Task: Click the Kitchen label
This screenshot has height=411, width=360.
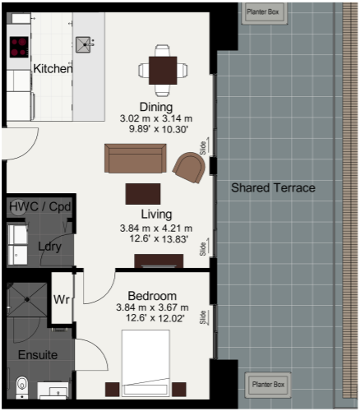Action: click(x=53, y=68)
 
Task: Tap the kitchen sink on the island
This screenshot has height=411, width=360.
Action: click(x=83, y=44)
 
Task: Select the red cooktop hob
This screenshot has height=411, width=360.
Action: click(x=19, y=47)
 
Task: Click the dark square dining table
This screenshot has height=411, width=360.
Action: click(x=163, y=71)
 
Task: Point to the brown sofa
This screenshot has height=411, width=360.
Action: click(x=136, y=159)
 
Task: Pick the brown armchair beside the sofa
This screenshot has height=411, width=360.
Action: click(x=189, y=168)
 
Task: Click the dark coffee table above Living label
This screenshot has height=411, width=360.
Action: click(x=143, y=194)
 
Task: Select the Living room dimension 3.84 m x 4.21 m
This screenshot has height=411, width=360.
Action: click(x=156, y=229)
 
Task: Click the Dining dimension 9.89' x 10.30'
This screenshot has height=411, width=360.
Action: click(x=159, y=129)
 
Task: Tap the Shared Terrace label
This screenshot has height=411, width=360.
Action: click(x=273, y=188)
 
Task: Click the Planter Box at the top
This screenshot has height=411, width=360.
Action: click(x=263, y=12)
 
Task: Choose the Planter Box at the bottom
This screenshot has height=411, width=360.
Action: click(x=268, y=385)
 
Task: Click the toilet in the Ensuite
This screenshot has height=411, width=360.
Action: click(x=22, y=387)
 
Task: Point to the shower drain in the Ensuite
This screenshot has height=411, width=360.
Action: click(x=27, y=300)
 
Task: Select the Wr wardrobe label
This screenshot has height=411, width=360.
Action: click(x=62, y=300)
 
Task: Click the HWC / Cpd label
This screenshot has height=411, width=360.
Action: click(x=40, y=206)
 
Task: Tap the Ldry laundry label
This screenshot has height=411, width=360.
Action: click(x=49, y=247)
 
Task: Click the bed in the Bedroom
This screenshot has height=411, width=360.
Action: click(x=145, y=363)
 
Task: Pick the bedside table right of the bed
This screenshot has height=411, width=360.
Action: click(x=179, y=390)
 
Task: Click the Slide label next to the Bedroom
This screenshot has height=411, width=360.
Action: click(x=203, y=317)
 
